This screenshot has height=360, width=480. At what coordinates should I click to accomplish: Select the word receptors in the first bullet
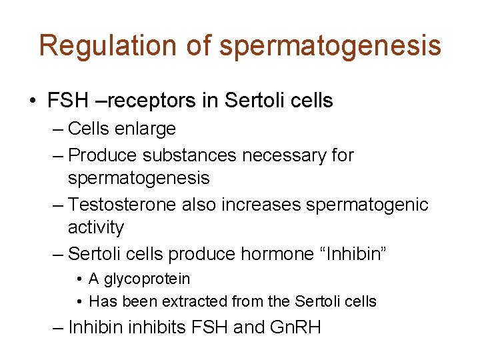[x=152, y=101]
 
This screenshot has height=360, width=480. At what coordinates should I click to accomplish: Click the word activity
[x=96, y=227]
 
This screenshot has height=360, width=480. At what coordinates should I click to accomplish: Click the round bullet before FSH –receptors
[x=33, y=101]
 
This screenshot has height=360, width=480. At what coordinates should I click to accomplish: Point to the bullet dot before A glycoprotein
[x=79, y=279]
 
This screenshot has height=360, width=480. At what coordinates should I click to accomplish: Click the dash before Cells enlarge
[x=58, y=128]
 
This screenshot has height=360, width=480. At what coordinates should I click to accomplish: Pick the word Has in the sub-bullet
[x=101, y=301]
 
